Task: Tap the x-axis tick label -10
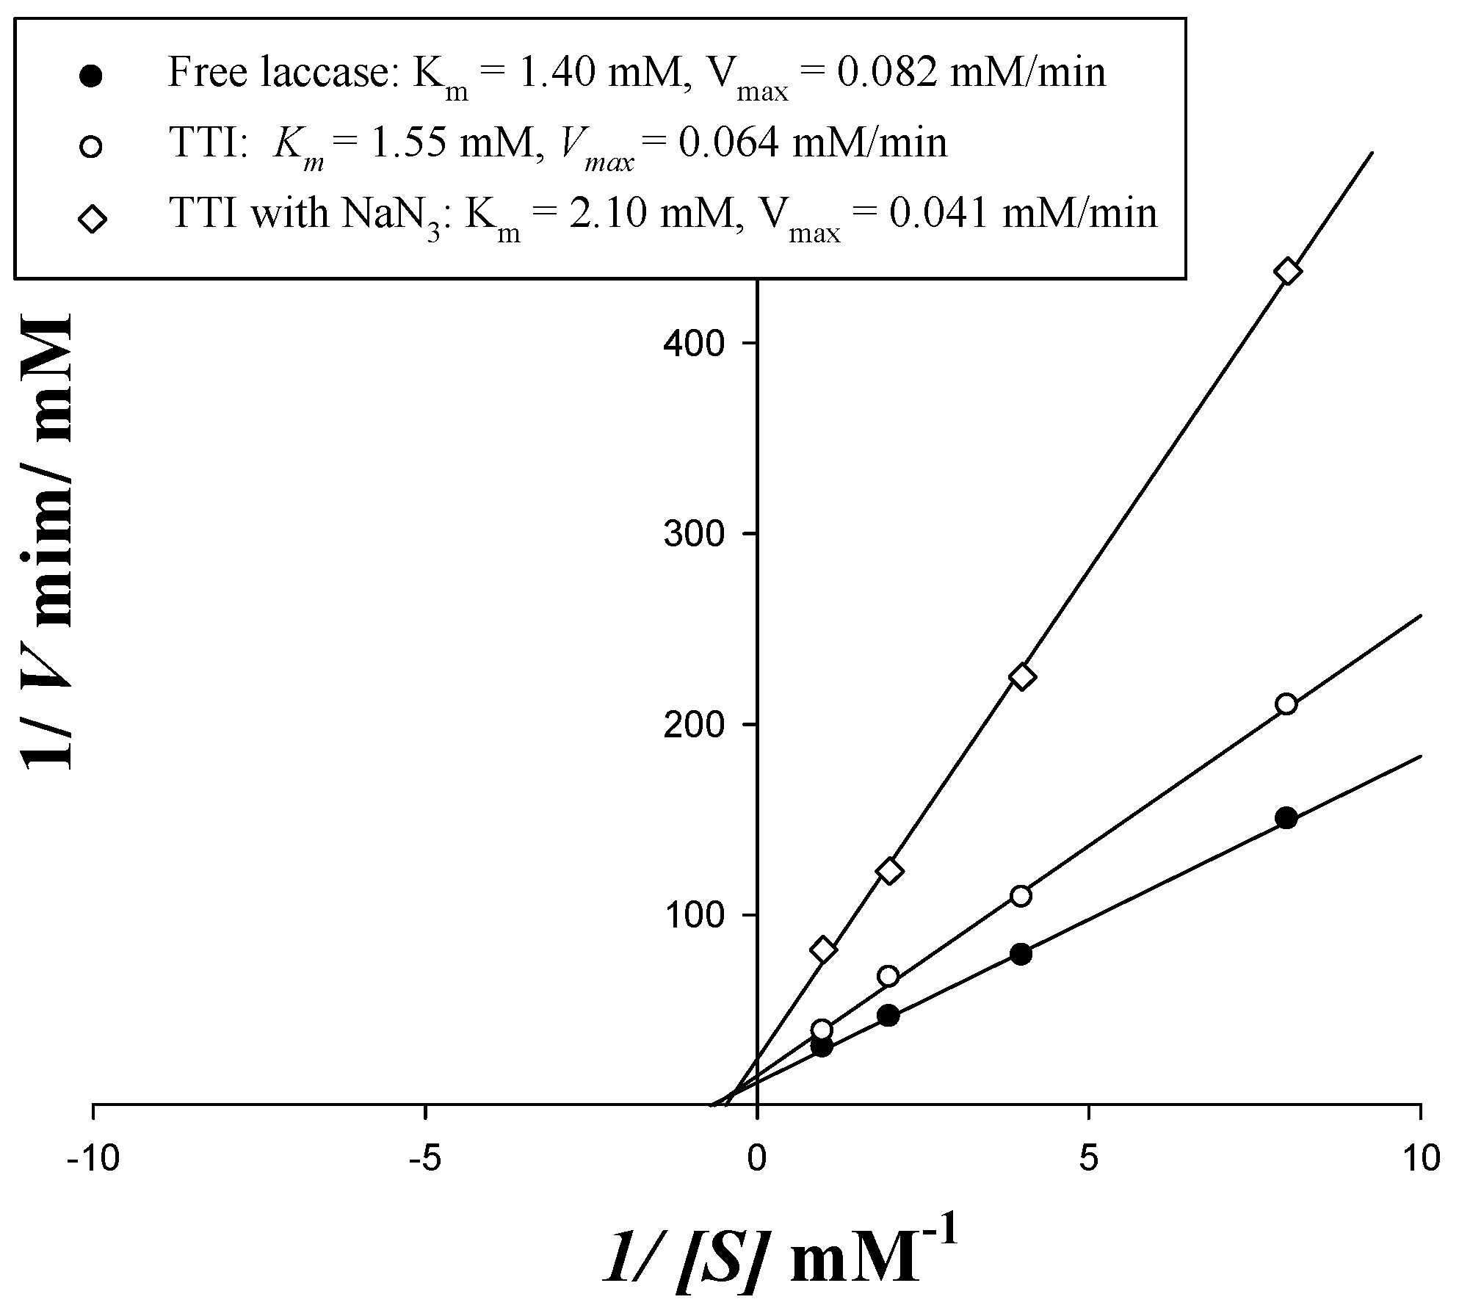91,1160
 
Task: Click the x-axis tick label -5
424,1160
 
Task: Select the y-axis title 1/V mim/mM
47,540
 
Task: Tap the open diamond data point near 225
1022,676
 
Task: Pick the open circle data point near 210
1286,704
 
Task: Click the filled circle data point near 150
1286,818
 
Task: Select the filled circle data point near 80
1021,954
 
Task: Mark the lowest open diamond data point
823,950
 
